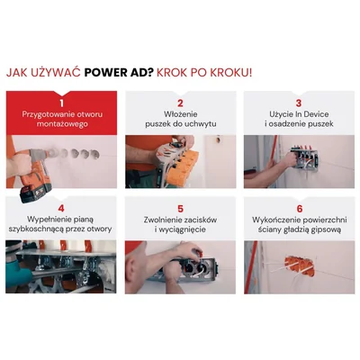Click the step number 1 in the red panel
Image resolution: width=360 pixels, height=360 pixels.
tap(61, 103)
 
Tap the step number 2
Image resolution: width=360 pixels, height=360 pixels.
tap(180, 103)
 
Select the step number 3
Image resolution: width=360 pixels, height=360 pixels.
tap(299, 103)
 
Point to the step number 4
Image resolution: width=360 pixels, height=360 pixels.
tap(61, 209)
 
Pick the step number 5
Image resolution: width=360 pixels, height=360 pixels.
tap(180, 209)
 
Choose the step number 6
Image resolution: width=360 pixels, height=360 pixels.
tap(299, 209)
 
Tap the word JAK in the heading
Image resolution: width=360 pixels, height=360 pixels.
tap(18, 73)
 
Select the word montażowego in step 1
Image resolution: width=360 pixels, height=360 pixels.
tap(62, 124)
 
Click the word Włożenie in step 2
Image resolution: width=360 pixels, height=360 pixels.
tap(181, 114)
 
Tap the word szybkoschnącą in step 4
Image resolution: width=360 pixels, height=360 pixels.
tap(38, 229)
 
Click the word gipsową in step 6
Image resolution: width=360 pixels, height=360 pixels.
tap(326, 229)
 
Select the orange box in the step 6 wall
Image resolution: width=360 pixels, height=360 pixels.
tap(296, 265)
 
